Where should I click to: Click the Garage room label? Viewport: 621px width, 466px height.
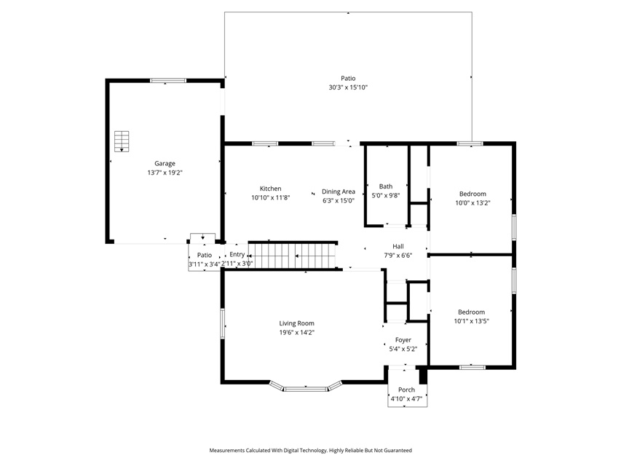click(165, 163)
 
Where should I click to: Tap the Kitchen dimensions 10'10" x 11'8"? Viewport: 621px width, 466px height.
click(271, 197)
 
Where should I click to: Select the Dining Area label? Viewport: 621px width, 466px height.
click(339, 191)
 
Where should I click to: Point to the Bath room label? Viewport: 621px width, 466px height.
click(386, 186)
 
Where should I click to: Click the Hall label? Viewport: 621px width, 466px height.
click(398, 247)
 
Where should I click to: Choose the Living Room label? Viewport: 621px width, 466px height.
click(296, 323)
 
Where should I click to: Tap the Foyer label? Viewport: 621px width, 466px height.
click(403, 340)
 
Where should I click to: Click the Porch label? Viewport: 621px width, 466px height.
click(406, 390)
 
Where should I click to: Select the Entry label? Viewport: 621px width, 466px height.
click(237, 254)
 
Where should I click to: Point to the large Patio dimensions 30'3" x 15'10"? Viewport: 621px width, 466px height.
click(348, 87)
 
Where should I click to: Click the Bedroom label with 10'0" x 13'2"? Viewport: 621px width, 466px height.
click(472, 194)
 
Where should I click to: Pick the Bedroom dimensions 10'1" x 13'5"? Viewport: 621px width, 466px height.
click(471, 321)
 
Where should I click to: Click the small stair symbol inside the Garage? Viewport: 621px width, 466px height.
click(122, 141)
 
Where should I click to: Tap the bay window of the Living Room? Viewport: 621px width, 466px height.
click(306, 387)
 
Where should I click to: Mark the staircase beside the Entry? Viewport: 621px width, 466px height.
click(293, 256)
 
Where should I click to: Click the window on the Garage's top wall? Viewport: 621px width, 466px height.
click(168, 80)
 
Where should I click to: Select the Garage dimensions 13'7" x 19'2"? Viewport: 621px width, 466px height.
click(165, 173)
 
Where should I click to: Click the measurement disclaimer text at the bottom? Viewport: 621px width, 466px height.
click(310, 450)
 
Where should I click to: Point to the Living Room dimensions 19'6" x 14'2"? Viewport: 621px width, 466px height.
click(296, 333)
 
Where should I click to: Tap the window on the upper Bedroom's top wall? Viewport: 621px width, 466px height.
click(470, 143)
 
